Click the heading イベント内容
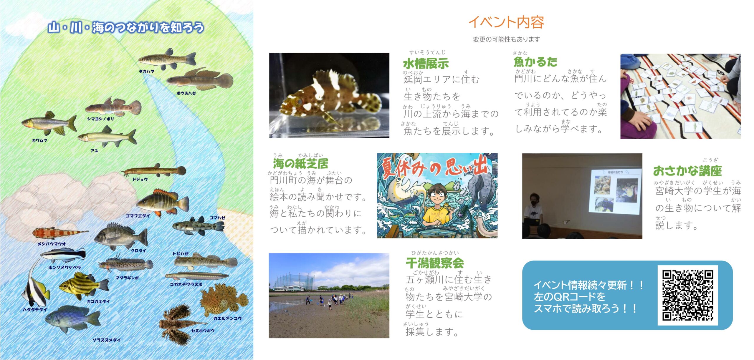click(506, 22)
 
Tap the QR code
click(688, 295)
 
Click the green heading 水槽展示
click(426, 64)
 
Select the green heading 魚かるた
click(535, 62)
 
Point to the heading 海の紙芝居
click(300, 163)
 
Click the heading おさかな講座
click(687, 170)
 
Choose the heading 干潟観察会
click(435, 263)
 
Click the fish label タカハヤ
click(146, 71)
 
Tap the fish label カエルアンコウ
click(227, 318)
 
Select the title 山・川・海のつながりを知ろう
click(126, 27)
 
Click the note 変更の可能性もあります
click(506, 39)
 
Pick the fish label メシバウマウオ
click(52, 244)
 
